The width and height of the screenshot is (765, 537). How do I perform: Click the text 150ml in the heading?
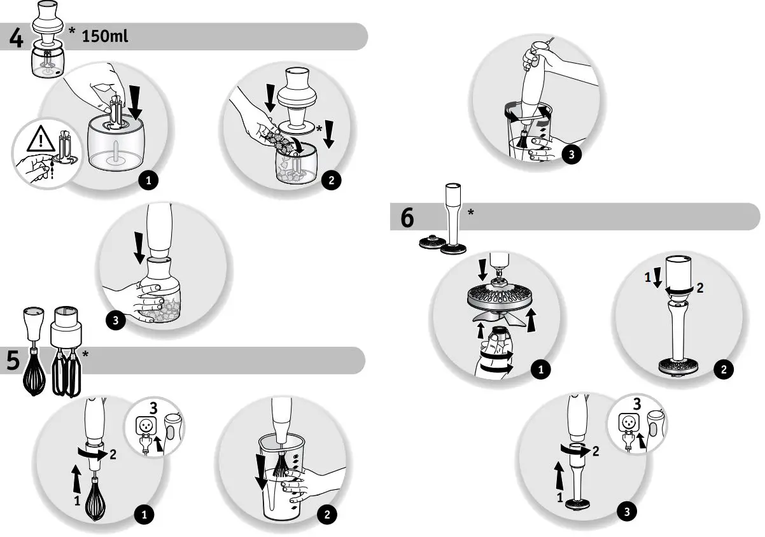click(105, 36)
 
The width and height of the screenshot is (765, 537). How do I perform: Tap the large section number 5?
click(13, 361)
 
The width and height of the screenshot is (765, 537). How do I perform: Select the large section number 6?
click(407, 218)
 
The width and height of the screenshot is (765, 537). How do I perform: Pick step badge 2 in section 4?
click(331, 181)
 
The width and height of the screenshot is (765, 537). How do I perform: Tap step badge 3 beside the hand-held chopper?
click(115, 321)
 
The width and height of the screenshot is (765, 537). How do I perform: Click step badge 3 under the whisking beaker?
click(571, 155)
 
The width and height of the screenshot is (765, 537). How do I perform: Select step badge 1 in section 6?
click(541, 370)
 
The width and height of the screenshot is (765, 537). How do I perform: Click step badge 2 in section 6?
click(724, 370)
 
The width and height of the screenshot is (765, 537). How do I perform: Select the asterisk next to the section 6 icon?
click(471, 213)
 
